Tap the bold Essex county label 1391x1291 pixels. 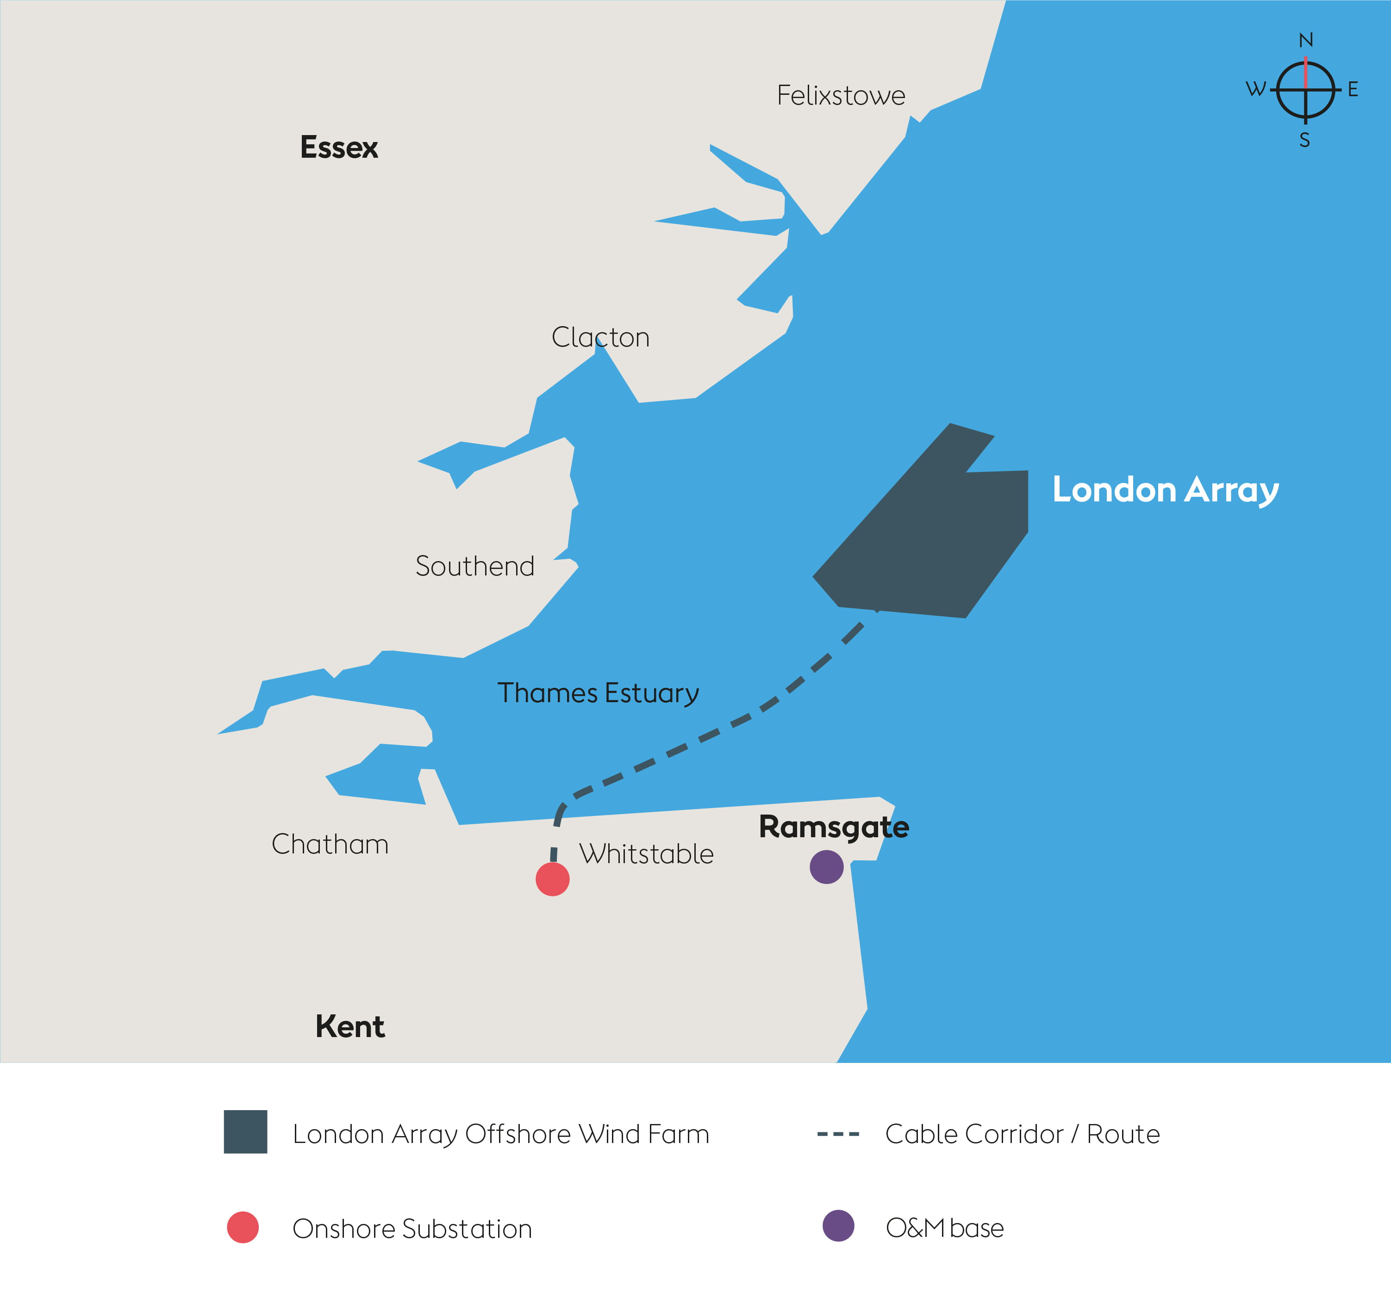(339, 148)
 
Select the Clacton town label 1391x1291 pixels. (600, 337)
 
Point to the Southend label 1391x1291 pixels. (474, 566)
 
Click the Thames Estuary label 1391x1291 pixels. (598, 693)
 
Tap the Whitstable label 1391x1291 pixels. (646, 854)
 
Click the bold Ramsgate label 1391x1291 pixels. (834, 827)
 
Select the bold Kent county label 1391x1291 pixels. (349, 1026)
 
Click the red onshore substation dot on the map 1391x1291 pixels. (552, 879)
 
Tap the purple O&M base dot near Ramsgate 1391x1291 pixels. (826, 867)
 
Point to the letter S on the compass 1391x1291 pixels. (1304, 141)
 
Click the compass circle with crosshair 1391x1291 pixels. (1305, 90)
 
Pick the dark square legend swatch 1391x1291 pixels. (245, 1132)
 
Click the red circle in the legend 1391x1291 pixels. (243, 1228)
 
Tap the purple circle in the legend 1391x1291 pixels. (838, 1226)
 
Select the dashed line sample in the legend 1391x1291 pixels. (838, 1134)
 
